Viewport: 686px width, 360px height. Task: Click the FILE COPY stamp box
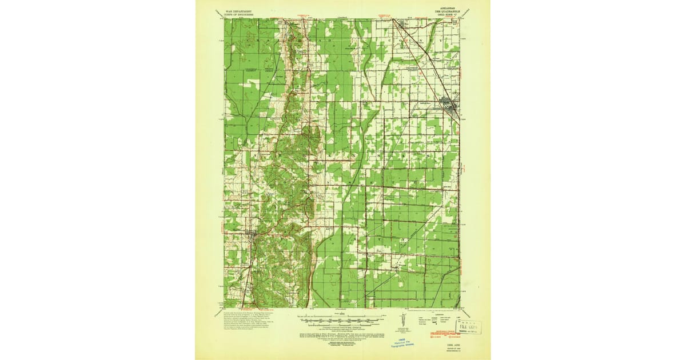468,327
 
